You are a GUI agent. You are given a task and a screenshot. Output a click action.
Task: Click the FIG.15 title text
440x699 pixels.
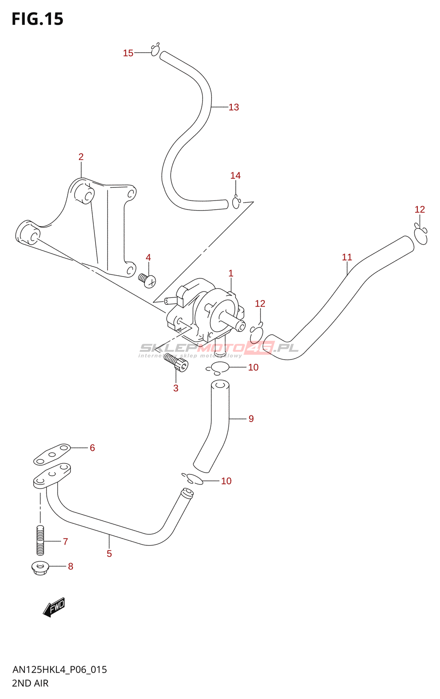click(38, 19)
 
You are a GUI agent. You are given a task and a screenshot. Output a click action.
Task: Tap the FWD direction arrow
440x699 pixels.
click(55, 607)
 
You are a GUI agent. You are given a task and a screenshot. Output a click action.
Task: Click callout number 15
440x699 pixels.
click(128, 53)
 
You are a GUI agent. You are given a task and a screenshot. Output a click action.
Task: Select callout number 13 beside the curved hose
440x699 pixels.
click(234, 107)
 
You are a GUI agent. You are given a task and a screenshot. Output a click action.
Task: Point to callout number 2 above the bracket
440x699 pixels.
click(81, 157)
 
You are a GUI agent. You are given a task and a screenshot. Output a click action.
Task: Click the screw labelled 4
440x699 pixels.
click(147, 280)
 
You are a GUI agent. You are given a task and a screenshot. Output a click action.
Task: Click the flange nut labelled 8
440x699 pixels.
click(40, 568)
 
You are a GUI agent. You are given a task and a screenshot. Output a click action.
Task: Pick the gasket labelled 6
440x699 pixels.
click(52, 454)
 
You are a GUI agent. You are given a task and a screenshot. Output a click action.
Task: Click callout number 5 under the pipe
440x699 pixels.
click(109, 554)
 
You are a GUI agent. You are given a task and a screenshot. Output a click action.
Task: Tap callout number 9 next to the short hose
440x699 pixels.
click(251, 419)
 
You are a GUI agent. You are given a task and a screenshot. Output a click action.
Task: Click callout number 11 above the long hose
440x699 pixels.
click(347, 257)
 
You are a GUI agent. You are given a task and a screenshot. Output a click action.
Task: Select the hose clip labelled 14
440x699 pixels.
click(236, 203)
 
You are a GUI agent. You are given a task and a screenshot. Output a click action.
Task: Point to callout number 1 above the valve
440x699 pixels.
click(230, 273)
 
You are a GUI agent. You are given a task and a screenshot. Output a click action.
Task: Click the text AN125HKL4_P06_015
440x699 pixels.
click(60, 670)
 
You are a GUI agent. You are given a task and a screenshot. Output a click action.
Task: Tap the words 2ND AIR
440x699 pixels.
click(30, 683)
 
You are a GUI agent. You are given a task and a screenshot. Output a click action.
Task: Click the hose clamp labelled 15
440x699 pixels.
click(155, 50)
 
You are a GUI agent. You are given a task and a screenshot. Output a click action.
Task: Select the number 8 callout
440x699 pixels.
click(70, 567)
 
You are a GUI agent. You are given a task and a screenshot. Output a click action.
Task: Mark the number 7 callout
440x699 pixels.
click(65, 542)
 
